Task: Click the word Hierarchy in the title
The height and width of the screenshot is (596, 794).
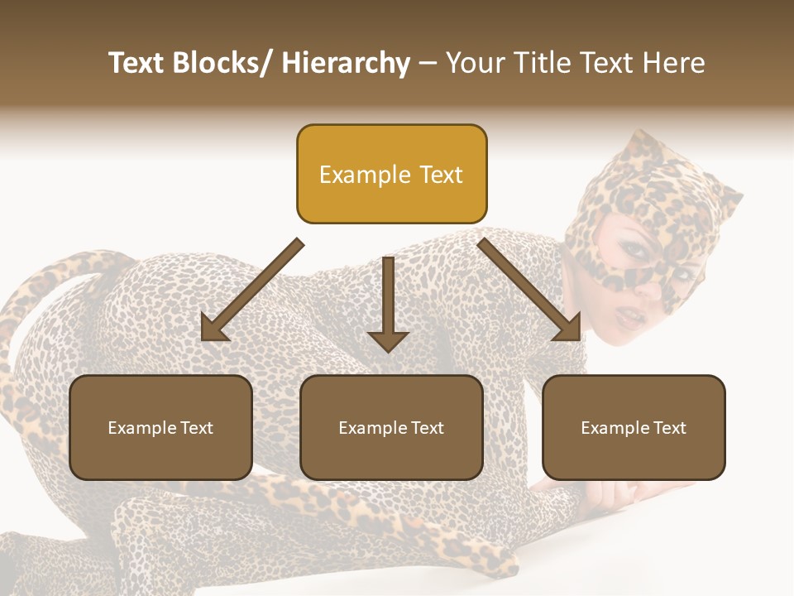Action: (x=346, y=64)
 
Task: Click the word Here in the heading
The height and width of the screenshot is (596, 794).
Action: (x=673, y=64)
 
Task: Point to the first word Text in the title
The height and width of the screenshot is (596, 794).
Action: (x=138, y=64)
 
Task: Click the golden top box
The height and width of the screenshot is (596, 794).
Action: (x=391, y=174)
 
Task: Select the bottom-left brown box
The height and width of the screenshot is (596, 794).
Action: (x=160, y=427)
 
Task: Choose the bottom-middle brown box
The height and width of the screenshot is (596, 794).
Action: (x=391, y=427)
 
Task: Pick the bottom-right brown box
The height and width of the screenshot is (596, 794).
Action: (x=634, y=427)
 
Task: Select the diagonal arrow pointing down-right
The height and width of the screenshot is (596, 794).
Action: (x=530, y=291)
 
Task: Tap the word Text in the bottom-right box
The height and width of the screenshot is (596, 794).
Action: (x=668, y=428)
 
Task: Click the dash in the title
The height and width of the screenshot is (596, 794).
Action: (x=428, y=64)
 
